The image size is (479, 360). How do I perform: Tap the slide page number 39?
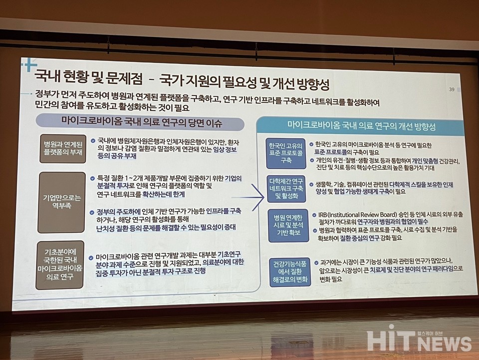[452, 89]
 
